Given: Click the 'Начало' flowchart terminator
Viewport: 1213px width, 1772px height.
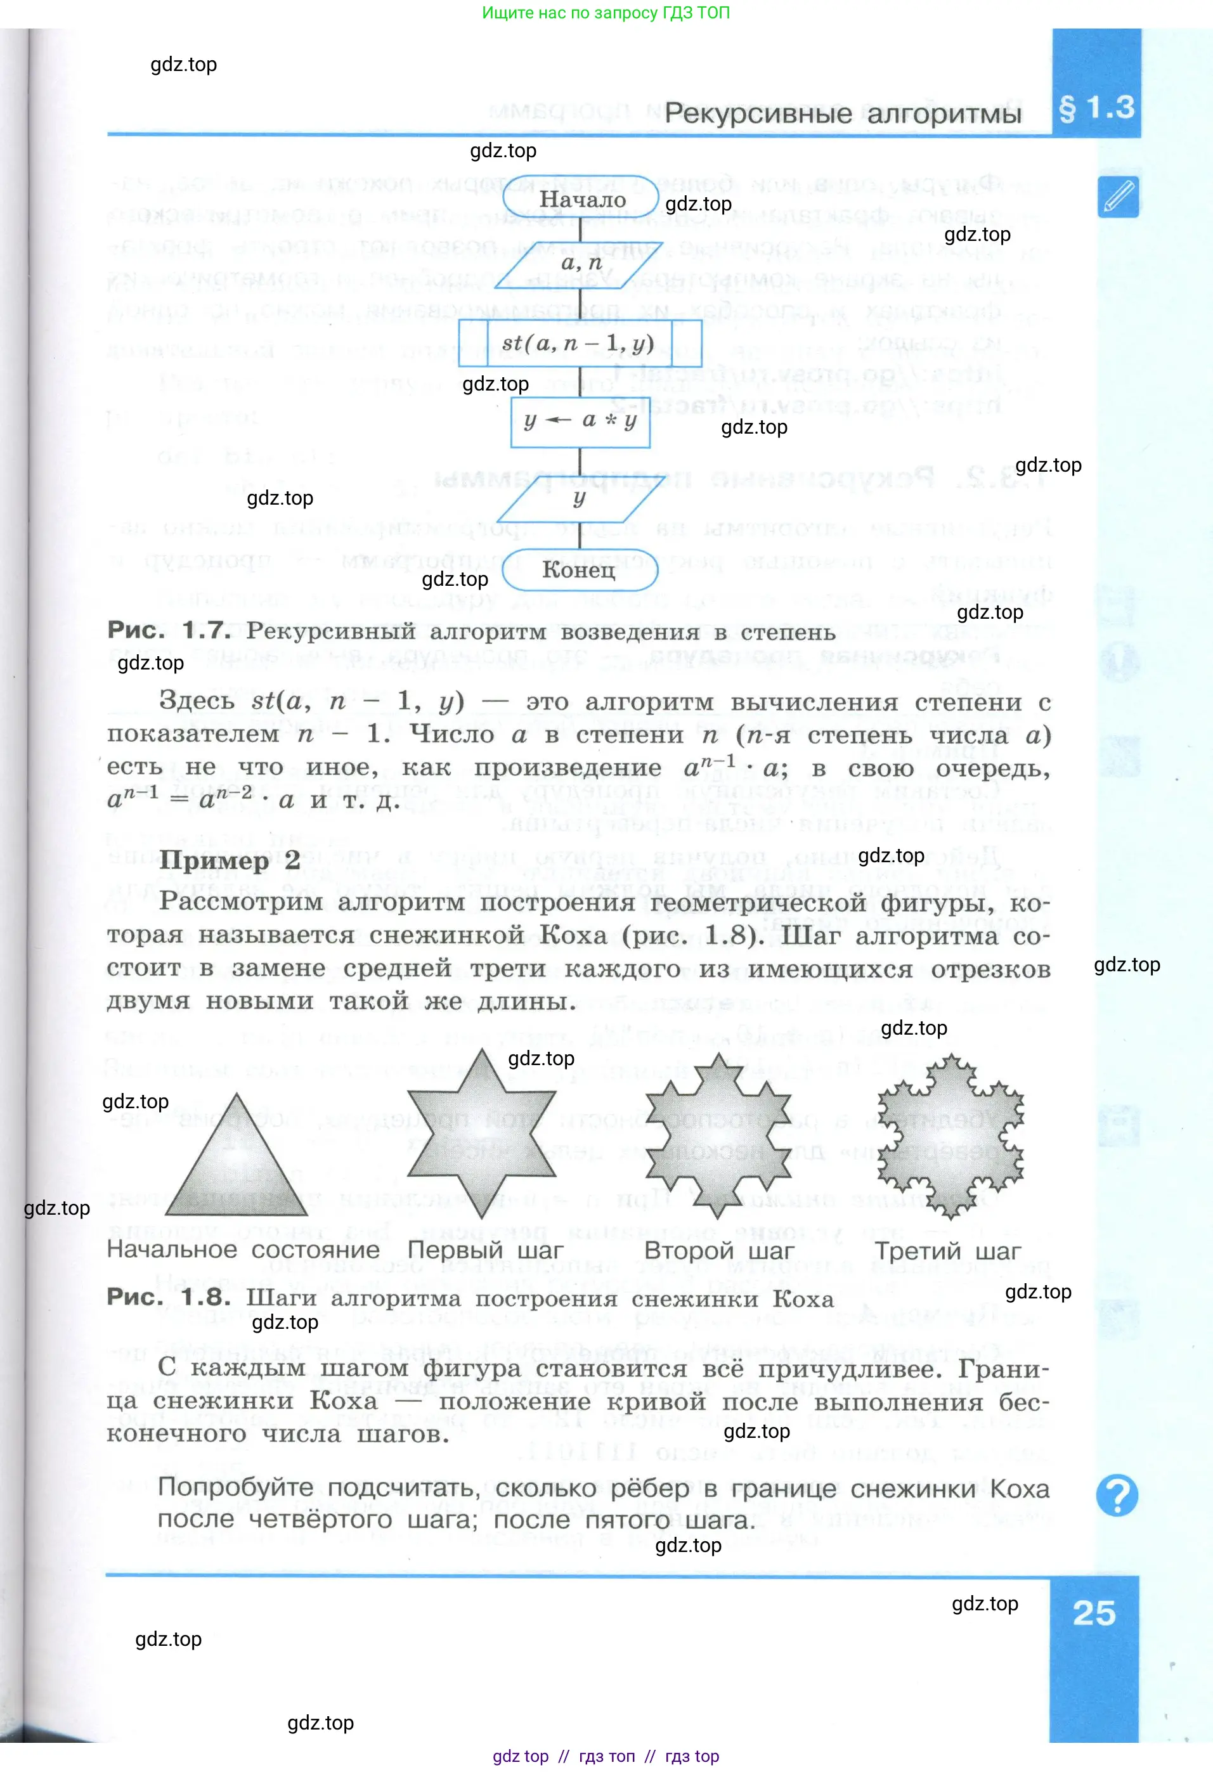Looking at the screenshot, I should [x=580, y=200].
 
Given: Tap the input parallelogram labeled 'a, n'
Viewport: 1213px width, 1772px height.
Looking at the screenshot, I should [x=580, y=264].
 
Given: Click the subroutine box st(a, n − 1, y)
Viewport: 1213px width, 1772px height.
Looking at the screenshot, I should [x=580, y=343].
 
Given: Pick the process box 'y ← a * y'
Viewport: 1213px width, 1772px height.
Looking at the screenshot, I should [x=580, y=421].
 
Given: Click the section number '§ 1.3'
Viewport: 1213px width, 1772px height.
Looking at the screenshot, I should [x=1096, y=108].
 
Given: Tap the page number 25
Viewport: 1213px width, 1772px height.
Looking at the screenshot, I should [x=1093, y=1613].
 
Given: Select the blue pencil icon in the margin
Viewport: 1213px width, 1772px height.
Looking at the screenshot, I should [x=1118, y=197].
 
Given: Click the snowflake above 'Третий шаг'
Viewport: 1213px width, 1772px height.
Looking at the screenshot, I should [x=950, y=1137].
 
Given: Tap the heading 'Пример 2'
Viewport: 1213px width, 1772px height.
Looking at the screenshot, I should [x=230, y=861].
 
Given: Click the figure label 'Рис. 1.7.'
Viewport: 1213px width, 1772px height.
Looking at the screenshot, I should [x=169, y=631].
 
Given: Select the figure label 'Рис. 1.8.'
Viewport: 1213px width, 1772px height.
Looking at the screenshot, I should [x=169, y=1297].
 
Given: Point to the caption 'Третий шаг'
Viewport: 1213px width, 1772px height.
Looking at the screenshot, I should [x=947, y=1251].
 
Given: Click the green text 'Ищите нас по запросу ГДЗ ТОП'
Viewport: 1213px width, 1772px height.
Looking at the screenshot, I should [x=606, y=13].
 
